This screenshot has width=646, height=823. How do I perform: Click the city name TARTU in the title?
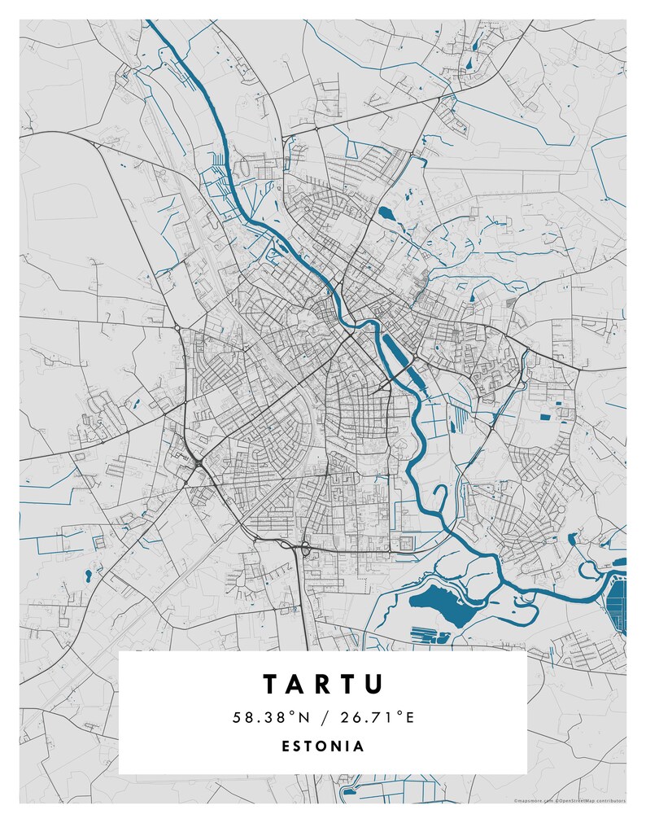click(323, 683)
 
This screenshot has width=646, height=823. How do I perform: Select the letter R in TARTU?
click(324, 683)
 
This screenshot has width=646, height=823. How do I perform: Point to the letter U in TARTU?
click(373, 683)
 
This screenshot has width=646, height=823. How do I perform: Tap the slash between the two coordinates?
click(323, 717)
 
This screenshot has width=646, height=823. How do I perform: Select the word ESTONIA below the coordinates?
click(323, 746)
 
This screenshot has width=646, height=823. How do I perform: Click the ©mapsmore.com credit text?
click(532, 801)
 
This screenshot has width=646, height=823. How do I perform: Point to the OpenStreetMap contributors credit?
click(591, 801)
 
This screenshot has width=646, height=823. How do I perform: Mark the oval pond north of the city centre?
click(385, 215)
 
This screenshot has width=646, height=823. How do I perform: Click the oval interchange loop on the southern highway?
click(305, 549)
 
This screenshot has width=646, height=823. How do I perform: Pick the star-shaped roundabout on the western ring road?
click(198, 464)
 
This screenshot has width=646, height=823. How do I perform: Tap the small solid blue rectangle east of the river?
click(545, 417)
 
